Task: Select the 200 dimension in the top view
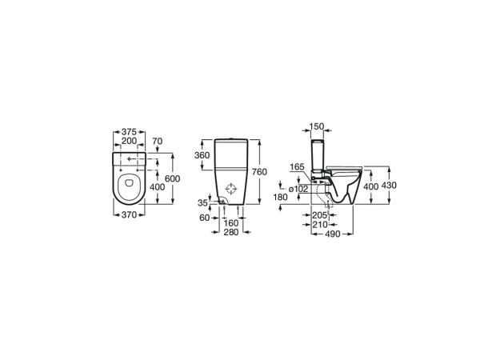(x=129, y=142)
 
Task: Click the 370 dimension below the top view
(x=129, y=214)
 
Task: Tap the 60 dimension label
(x=203, y=217)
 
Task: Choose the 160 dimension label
(x=231, y=223)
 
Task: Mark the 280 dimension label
(x=231, y=233)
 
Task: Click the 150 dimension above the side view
(x=318, y=126)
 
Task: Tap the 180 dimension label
(x=280, y=196)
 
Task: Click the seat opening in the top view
(x=128, y=189)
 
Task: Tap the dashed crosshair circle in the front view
(x=231, y=190)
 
